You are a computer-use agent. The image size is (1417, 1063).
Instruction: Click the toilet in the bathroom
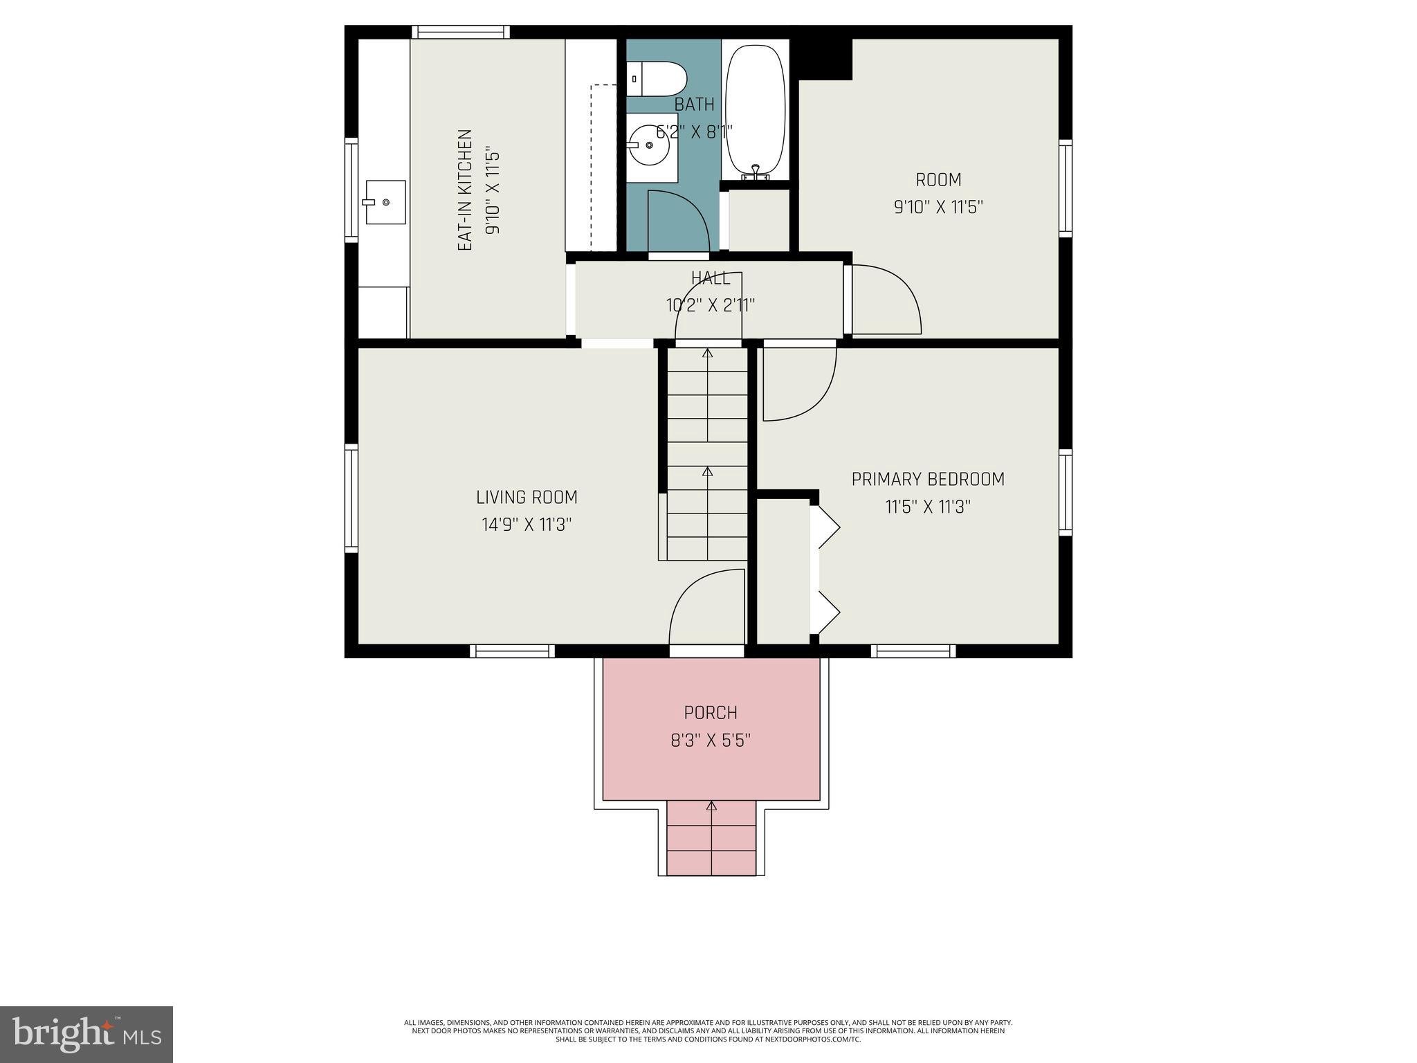point(657,79)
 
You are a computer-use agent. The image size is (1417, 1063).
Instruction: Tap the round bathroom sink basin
point(649,145)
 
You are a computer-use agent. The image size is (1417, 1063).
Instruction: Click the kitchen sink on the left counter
point(385,201)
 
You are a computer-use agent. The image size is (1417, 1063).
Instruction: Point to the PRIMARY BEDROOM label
point(927,479)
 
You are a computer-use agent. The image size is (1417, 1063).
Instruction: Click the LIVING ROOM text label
point(527,497)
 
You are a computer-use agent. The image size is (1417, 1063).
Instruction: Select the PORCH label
point(711,712)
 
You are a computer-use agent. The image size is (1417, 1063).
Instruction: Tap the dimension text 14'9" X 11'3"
point(527,525)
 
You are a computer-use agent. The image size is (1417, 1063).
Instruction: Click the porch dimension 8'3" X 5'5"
point(711,741)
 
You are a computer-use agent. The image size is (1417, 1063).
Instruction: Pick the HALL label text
point(711,278)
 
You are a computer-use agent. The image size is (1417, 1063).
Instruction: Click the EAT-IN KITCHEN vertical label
point(465,190)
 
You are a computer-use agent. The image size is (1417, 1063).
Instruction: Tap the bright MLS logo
point(86,1034)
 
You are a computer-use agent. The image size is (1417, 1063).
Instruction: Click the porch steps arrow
point(711,807)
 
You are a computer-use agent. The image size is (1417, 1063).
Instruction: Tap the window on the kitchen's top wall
point(460,32)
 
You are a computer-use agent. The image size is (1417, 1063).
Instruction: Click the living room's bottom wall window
point(512,651)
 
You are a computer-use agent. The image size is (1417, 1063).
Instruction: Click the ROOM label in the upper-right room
point(938,180)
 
